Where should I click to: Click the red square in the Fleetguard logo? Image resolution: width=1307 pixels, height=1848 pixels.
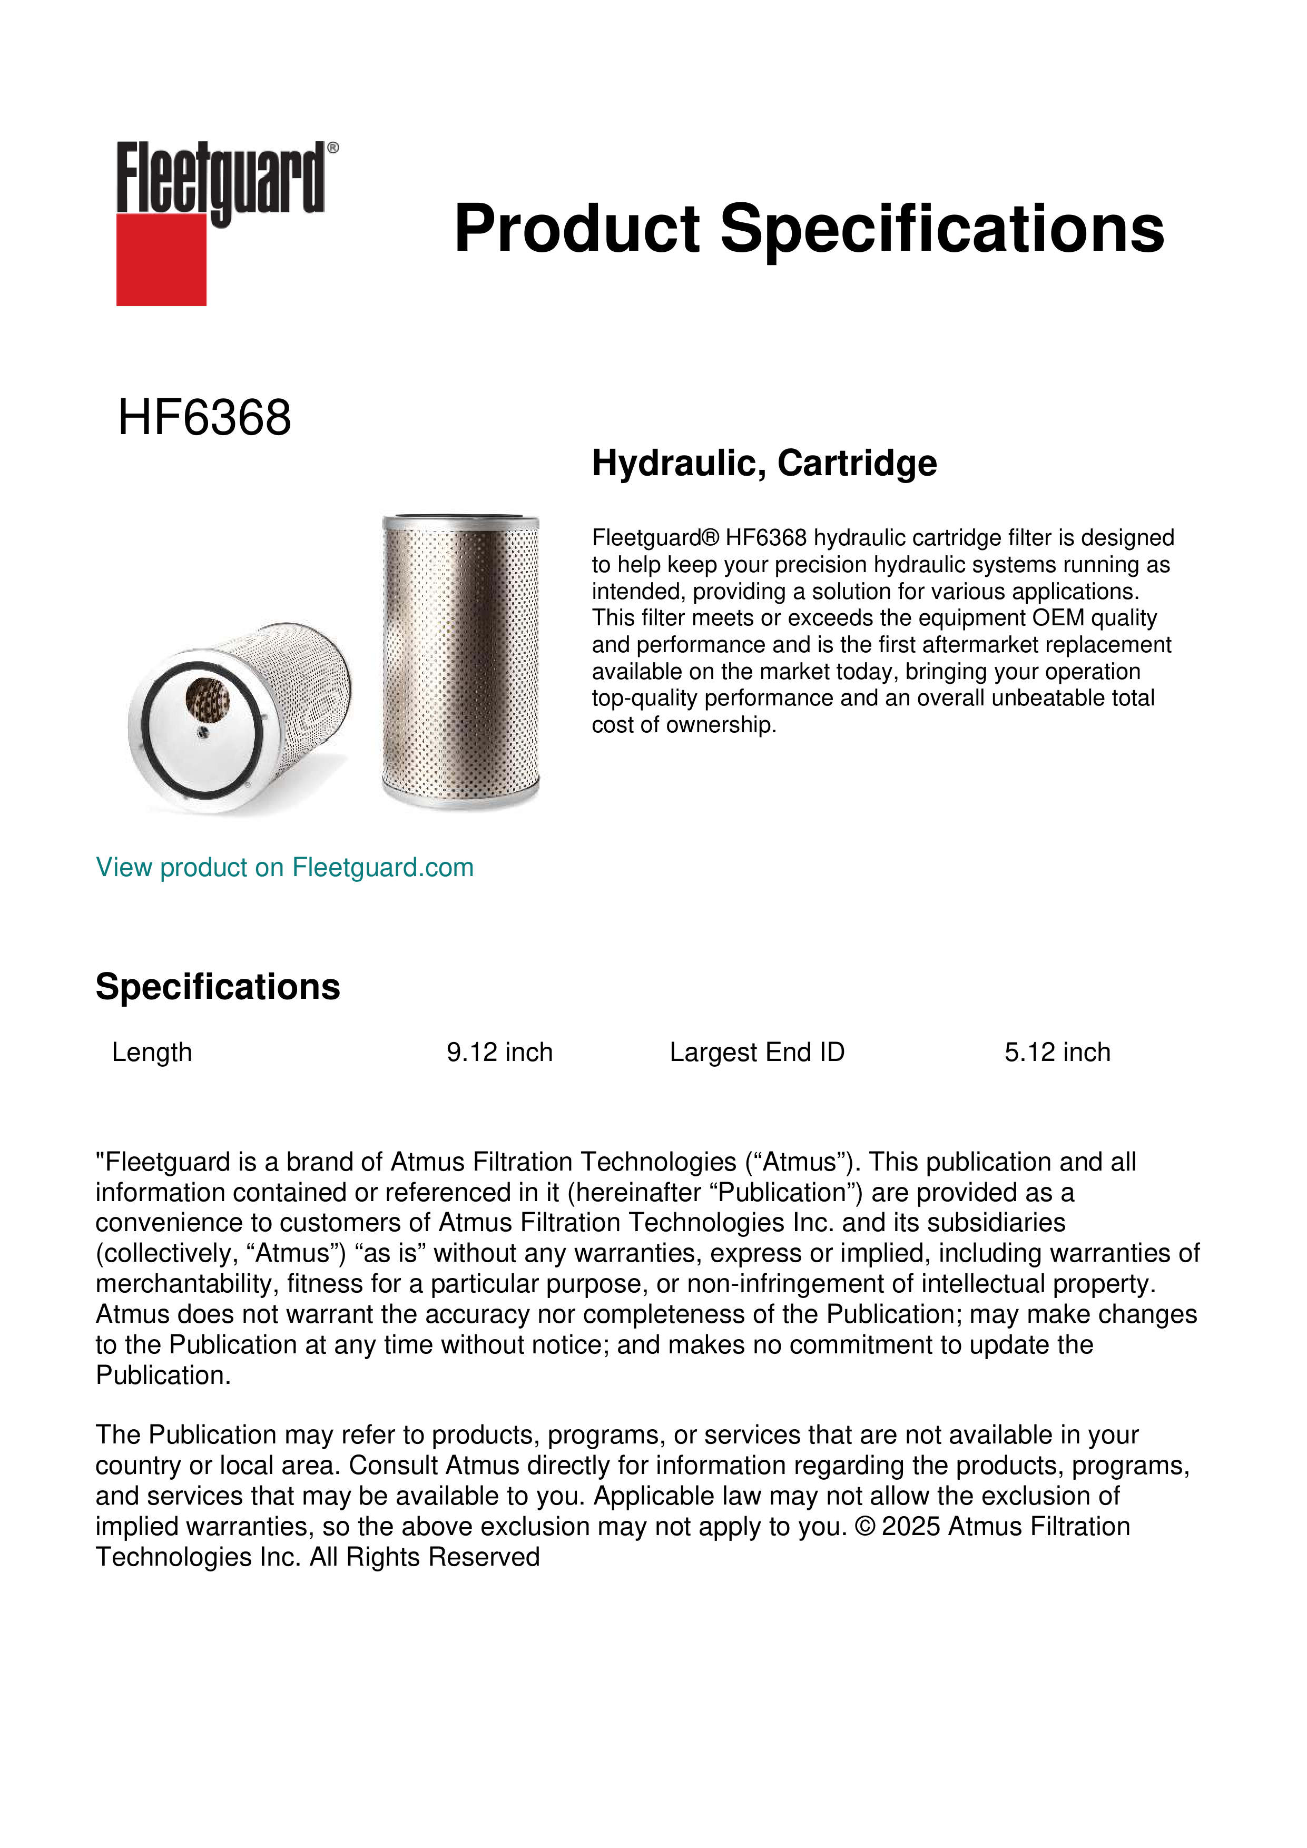coord(161,259)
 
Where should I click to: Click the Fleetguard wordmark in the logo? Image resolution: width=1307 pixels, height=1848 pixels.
coord(220,179)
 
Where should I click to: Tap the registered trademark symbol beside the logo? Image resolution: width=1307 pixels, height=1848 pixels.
coord(333,148)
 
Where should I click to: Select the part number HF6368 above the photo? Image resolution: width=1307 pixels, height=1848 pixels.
coord(204,418)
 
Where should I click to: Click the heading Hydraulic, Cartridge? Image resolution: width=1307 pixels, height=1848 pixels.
coord(764,463)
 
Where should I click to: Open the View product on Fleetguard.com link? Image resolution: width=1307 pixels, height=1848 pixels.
coord(284,867)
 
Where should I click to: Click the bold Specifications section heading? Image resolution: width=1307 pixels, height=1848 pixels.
coord(217,986)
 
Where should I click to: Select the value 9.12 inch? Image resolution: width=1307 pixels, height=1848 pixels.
coord(499,1052)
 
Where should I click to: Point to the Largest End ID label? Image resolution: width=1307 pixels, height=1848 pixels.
coord(756,1052)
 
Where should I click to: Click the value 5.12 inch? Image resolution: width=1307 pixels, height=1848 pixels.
coord(1057,1052)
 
